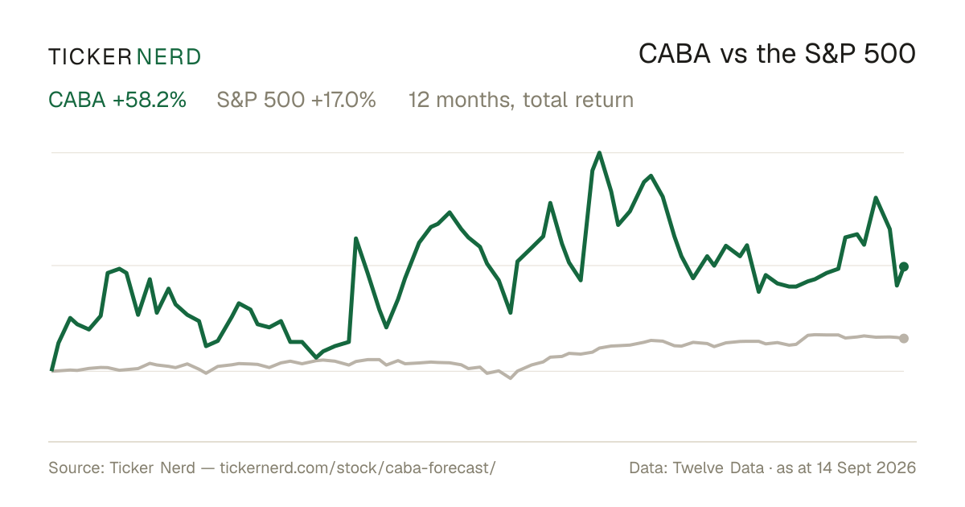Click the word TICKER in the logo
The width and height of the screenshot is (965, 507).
90,57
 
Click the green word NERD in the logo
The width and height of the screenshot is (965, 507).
169,57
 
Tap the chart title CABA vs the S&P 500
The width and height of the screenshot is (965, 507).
777,54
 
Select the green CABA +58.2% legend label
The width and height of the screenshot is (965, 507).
117,100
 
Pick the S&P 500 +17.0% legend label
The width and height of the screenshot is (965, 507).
297,100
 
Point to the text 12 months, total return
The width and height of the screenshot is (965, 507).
521,100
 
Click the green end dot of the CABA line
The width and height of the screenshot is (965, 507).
904,267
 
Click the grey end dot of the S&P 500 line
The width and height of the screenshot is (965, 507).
904,339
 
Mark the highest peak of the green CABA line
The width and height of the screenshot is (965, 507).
599,153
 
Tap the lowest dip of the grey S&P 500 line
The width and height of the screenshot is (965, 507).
511,378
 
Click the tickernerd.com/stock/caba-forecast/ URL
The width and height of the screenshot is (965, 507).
358,468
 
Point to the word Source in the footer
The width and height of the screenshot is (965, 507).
74,468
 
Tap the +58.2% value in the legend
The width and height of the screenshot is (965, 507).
150,100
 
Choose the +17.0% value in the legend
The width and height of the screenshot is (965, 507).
343,100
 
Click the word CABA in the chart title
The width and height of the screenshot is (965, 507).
675,54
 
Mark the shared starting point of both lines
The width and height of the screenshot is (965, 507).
51,371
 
